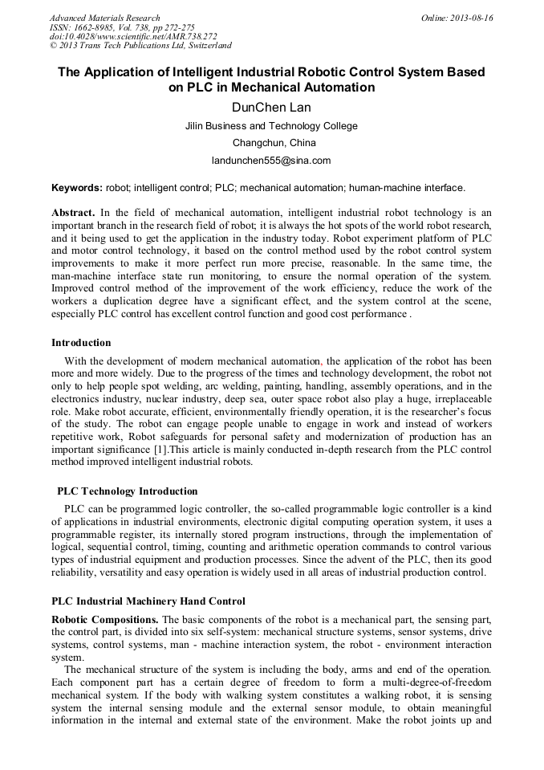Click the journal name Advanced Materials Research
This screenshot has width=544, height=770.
coord(104,18)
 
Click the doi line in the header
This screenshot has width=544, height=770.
coord(133,37)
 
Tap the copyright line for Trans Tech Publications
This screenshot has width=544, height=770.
coord(140,46)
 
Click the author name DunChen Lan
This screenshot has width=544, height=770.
coord(271,106)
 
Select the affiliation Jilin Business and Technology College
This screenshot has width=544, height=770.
coord(271,126)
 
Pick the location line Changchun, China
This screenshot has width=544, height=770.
coord(271,143)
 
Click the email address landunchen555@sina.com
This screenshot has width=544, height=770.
coord(271,161)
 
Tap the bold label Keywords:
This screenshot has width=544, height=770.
coord(77,188)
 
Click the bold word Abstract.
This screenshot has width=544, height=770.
coord(73,213)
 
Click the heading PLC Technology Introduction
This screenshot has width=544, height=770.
coord(127,491)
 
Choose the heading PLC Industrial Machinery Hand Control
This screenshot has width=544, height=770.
coord(148,601)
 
